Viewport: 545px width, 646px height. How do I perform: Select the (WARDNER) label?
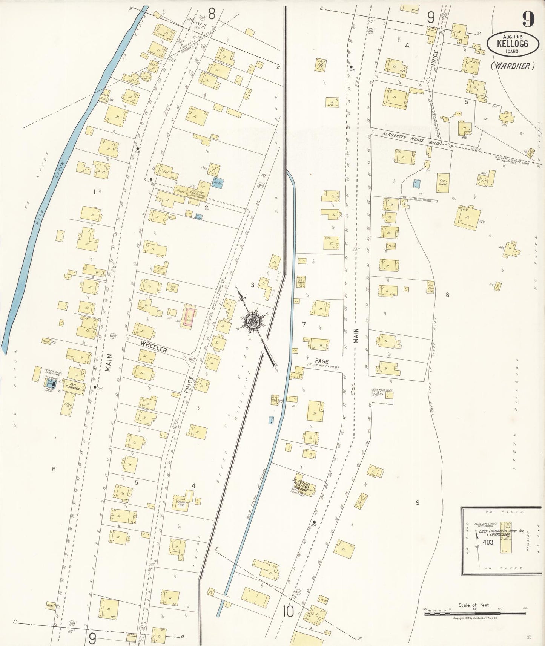513,66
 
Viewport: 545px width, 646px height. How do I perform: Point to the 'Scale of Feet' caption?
474,605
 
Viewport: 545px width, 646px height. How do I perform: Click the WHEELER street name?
154,349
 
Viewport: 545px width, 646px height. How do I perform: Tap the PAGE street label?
321,361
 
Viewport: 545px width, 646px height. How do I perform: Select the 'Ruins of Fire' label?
182,503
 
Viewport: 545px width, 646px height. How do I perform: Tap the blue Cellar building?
218,182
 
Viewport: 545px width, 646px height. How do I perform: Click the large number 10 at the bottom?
288,612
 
